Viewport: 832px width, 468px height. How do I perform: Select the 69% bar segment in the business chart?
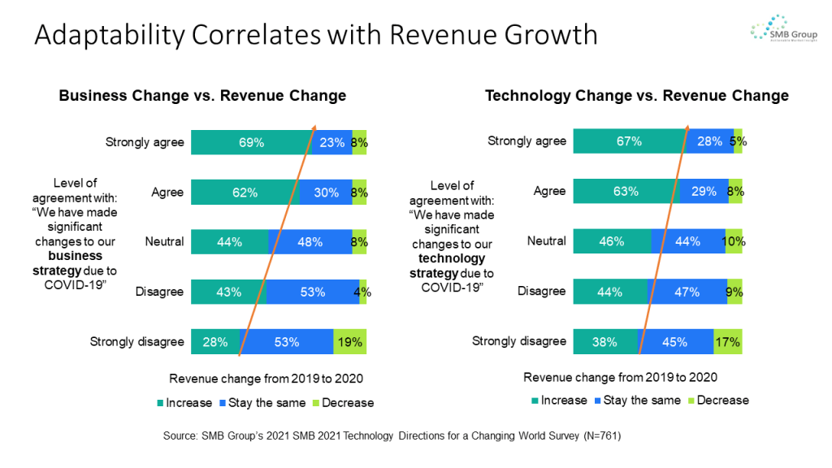[251, 142]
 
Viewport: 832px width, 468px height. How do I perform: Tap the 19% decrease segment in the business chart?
[350, 342]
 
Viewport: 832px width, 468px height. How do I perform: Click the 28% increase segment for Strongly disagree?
[215, 342]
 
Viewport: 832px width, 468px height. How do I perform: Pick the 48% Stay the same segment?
[310, 242]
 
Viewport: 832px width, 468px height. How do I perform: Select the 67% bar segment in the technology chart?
[629, 141]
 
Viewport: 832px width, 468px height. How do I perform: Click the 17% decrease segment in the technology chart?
[728, 342]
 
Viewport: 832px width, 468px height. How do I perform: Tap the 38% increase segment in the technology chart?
[604, 342]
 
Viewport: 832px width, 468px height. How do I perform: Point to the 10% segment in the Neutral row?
[734, 241]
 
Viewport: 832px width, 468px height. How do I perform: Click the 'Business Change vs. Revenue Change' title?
[202, 96]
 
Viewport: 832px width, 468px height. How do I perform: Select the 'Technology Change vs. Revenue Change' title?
[637, 96]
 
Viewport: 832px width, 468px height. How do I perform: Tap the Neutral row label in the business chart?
[164, 241]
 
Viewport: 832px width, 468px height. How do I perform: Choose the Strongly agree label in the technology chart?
[526, 141]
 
